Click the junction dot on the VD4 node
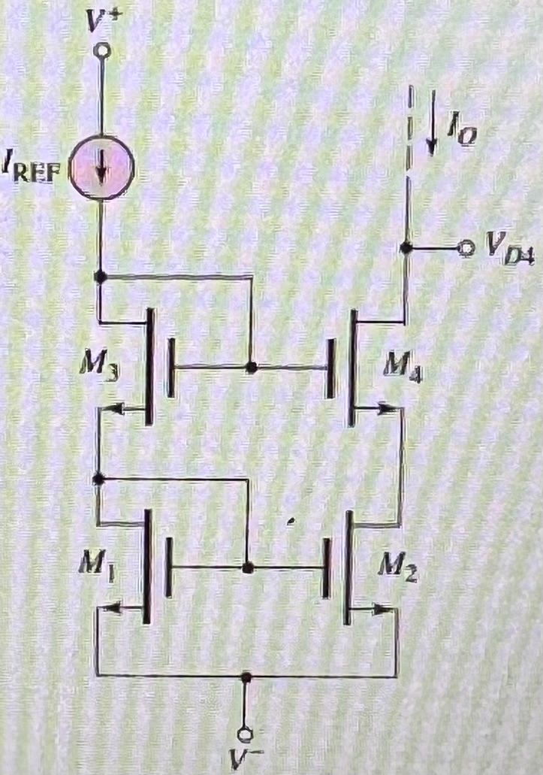click(x=406, y=248)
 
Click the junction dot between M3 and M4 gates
click(x=251, y=368)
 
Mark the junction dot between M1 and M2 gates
click(x=246, y=568)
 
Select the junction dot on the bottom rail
click(x=246, y=677)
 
